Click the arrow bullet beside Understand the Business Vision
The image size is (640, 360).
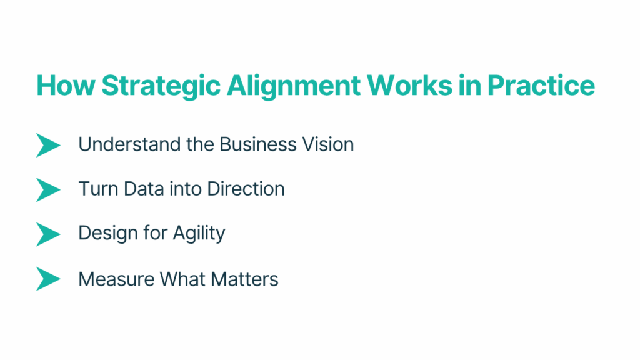click(x=48, y=145)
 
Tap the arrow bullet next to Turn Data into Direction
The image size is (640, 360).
click(x=48, y=189)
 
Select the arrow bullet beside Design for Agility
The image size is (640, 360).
click(x=48, y=234)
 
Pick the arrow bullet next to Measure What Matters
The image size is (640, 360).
click(x=48, y=279)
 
